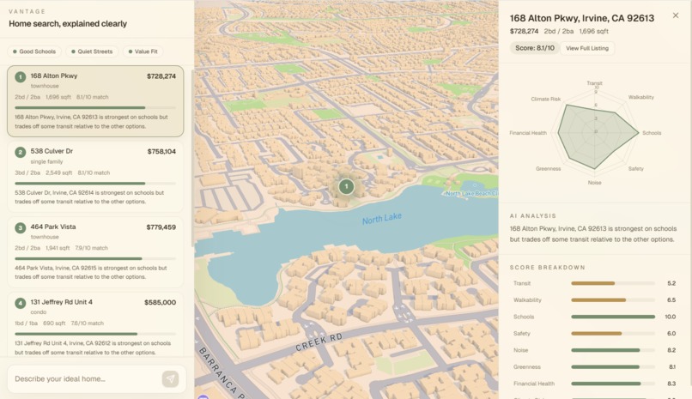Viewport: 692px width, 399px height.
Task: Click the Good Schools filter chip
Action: point(34,51)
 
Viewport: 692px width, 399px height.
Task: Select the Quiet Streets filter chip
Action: point(92,51)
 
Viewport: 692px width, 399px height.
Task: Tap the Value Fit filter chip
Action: point(143,51)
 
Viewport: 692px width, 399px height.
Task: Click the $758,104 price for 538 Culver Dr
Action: point(161,152)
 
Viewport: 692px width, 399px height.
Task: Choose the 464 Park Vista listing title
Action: point(53,227)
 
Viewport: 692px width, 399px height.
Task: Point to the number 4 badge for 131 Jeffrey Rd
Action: point(21,303)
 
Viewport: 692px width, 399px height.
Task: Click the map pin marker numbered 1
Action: point(346,186)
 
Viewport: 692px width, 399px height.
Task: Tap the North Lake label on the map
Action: point(381,219)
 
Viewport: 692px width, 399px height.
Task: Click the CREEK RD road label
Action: point(319,342)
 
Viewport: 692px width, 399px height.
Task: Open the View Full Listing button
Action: point(587,48)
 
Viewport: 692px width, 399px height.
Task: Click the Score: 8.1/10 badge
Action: point(535,48)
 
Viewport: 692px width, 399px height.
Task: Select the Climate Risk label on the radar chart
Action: point(545,100)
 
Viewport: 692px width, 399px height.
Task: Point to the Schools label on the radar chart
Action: point(652,133)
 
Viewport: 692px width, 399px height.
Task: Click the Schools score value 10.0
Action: point(671,317)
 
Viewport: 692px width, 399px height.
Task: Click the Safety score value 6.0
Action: point(671,334)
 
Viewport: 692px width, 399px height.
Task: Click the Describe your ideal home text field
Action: point(84,378)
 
